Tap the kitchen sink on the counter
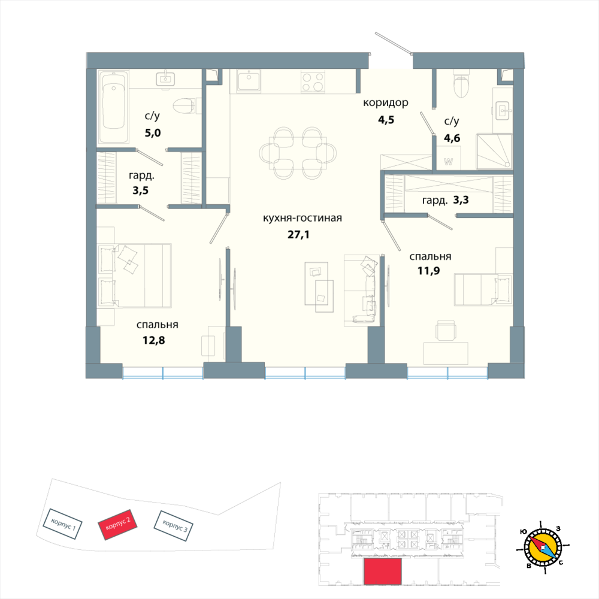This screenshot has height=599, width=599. (248, 81)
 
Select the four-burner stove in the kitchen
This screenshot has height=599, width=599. (312, 81)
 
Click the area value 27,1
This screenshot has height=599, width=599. (299, 234)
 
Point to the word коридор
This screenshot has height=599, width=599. (386, 103)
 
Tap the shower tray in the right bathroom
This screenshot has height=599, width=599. (494, 150)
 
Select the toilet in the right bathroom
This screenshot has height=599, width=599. (461, 87)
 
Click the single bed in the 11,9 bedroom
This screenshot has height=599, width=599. (483, 288)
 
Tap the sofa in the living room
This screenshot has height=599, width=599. (362, 291)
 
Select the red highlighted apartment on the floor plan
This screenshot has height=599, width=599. (382, 571)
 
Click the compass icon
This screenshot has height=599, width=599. (543, 546)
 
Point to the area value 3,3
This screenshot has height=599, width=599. (461, 200)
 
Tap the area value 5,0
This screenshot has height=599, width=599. (153, 133)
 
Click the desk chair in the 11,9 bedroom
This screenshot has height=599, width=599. (446, 329)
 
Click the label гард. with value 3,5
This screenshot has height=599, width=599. (141, 177)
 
